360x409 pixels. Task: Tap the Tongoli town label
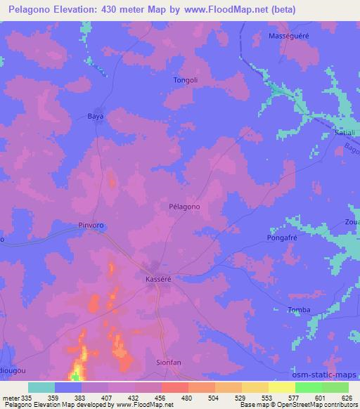point(186,80)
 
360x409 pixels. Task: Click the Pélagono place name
point(185,207)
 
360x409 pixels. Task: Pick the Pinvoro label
point(91,226)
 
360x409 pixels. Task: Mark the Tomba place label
point(299,310)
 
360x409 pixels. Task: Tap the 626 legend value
point(348,398)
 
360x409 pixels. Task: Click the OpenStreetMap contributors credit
point(319,405)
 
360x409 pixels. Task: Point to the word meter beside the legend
point(11,398)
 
